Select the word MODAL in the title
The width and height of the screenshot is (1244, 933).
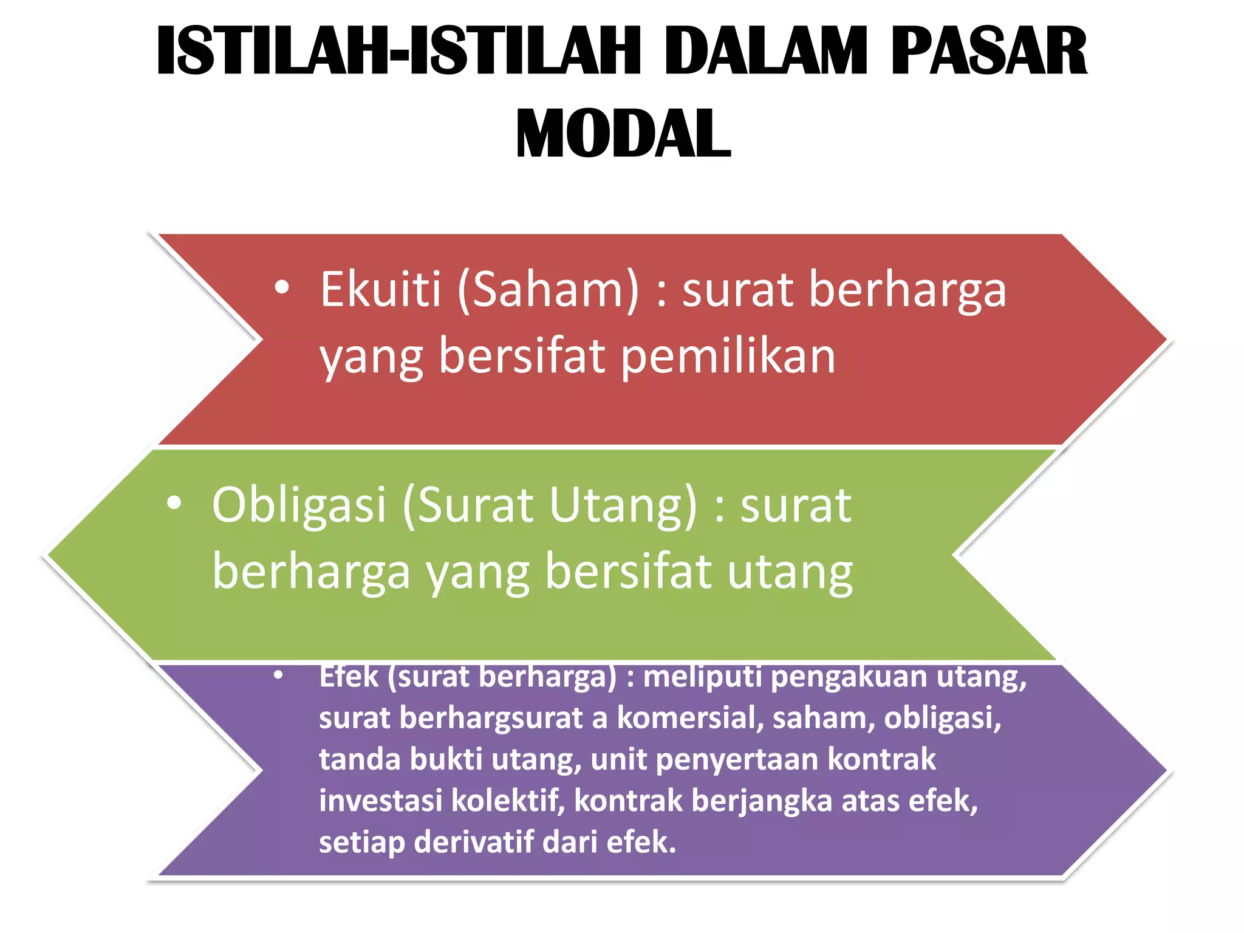pos(623,134)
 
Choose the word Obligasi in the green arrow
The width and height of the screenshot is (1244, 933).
pos(299,505)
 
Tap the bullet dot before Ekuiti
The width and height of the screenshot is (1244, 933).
pos(281,287)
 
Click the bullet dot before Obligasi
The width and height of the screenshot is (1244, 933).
pos(174,503)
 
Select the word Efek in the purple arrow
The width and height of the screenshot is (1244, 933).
pos(349,677)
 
